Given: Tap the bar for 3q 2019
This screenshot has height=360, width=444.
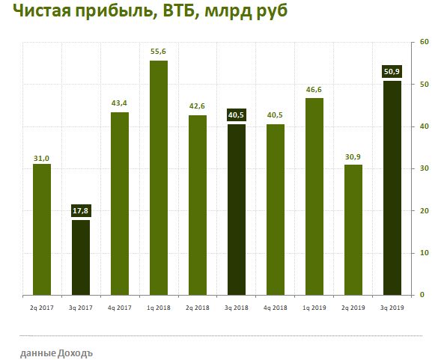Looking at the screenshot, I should pos(392,187).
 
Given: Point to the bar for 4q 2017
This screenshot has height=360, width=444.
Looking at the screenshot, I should pos(120,203).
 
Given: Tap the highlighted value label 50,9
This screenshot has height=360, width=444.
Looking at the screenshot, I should pos(392,73).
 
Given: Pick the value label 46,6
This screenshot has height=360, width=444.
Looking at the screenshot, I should pos(314,91).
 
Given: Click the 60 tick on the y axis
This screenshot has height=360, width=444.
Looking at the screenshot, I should pos(423,42).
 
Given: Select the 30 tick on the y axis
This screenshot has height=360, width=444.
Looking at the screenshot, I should pos(423,168).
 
